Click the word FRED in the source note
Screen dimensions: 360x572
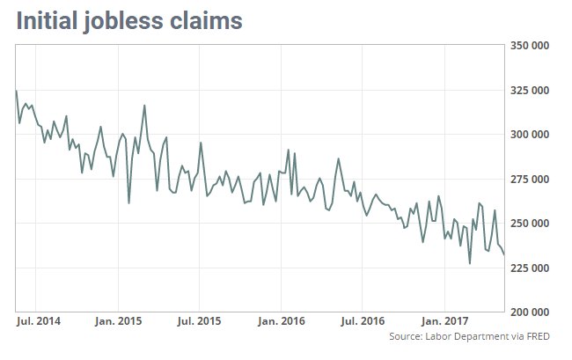(546, 337)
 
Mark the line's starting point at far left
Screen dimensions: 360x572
(16, 91)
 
